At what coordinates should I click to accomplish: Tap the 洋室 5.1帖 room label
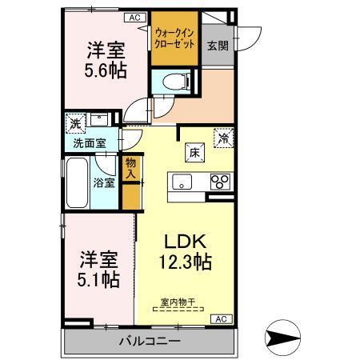click(x=98, y=270)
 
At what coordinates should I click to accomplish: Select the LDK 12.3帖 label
click(x=188, y=251)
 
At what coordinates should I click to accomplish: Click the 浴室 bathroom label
click(x=105, y=182)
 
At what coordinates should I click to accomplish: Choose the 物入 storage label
click(x=131, y=169)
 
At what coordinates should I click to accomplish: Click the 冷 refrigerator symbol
click(x=224, y=138)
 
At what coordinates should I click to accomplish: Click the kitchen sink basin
click(x=182, y=182)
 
